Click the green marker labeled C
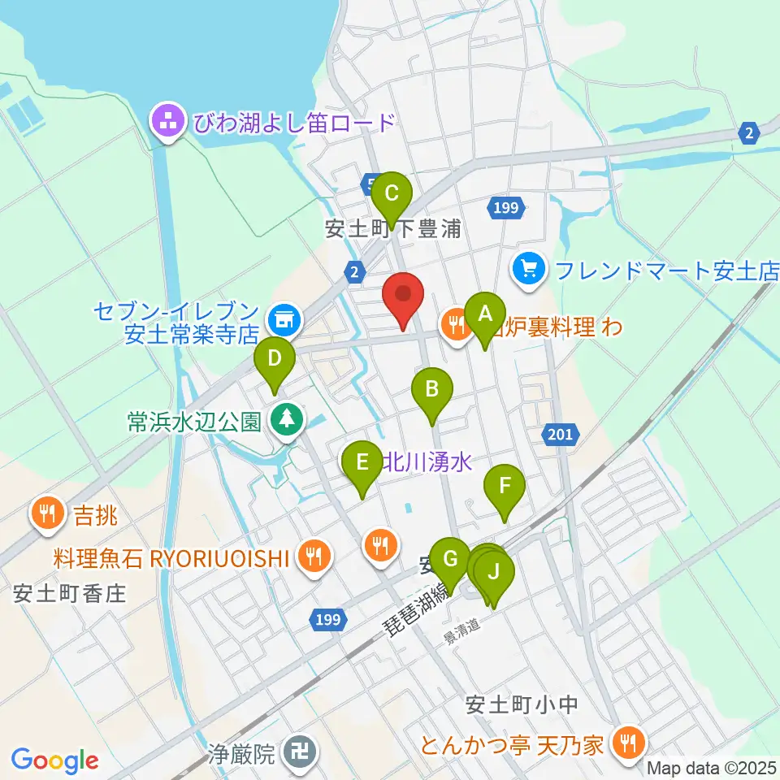point(391,195)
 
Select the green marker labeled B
point(432,390)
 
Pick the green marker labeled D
point(275,358)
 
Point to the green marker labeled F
point(505,487)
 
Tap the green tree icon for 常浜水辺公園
point(286,420)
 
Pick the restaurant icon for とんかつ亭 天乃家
point(627,742)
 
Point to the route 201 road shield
point(560,435)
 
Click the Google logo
point(54,760)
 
